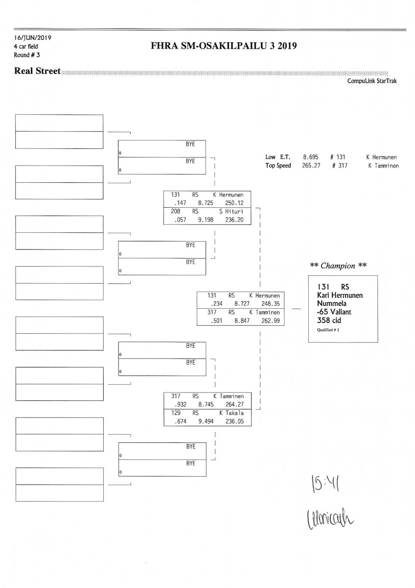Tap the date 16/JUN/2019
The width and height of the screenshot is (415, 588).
pyautogui.click(x=33, y=37)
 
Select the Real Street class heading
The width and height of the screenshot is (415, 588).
pyautogui.click(x=38, y=71)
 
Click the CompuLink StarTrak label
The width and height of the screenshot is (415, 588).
pyautogui.click(x=372, y=81)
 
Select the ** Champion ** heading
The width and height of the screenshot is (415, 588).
pyautogui.click(x=338, y=266)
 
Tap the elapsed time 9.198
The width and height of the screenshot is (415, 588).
pyautogui.click(x=205, y=220)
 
